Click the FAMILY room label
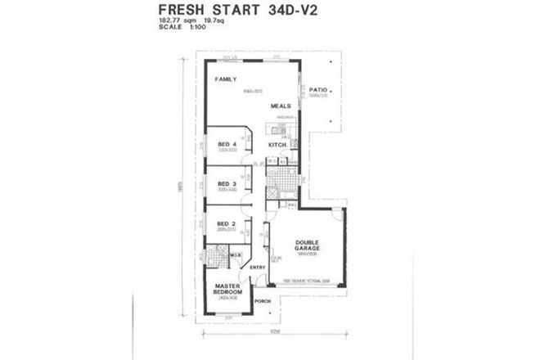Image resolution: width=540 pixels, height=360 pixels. click(x=225, y=79)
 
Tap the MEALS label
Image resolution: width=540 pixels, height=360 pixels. click(x=282, y=106)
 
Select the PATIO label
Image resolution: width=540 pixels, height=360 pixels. click(x=319, y=89)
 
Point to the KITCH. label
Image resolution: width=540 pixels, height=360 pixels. click(x=277, y=145)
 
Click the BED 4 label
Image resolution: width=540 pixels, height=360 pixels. click(x=227, y=144)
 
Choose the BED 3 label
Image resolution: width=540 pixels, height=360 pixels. click(x=227, y=184)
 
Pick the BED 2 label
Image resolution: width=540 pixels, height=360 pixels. click(x=227, y=223)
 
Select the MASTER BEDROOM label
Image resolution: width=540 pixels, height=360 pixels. click(x=227, y=290)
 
